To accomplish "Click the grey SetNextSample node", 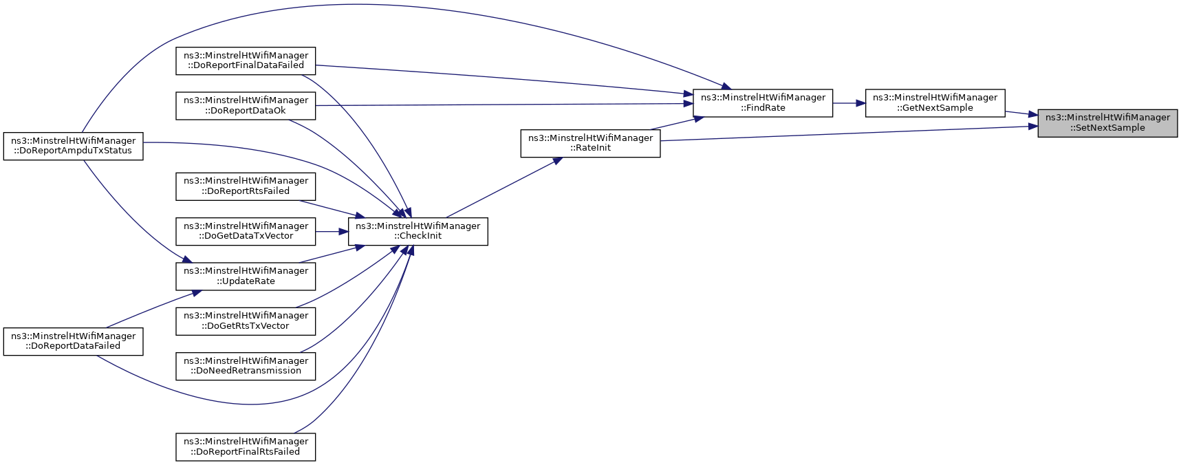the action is (x=1107, y=123).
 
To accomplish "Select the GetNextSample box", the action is (x=935, y=103).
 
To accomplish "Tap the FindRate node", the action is (x=763, y=103).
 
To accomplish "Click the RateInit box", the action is (x=590, y=143).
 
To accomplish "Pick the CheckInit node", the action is (x=418, y=231).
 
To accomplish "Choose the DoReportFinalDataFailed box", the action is (x=246, y=61).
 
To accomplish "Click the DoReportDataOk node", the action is (x=246, y=105).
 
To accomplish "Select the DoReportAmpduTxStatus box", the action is (x=74, y=146).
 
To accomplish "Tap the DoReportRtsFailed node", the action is (x=246, y=186).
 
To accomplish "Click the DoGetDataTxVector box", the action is (x=246, y=231).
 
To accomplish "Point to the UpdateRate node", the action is (x=246, y=277).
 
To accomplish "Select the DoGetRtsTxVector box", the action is (x=246, y=321).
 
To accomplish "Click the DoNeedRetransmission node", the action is (x=246, y=366).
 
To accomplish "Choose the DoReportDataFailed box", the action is (x=74, y=341).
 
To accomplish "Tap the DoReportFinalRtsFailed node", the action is (x=246, y=447).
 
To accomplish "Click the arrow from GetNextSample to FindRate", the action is (x=849, y=103).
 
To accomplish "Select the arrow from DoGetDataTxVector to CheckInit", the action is (x=332, y=231).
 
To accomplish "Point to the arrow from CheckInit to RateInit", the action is (x=504, y=187).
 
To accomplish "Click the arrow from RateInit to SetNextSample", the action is (x=849, y=133).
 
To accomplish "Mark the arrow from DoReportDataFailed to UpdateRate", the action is (x=153, y=309).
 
